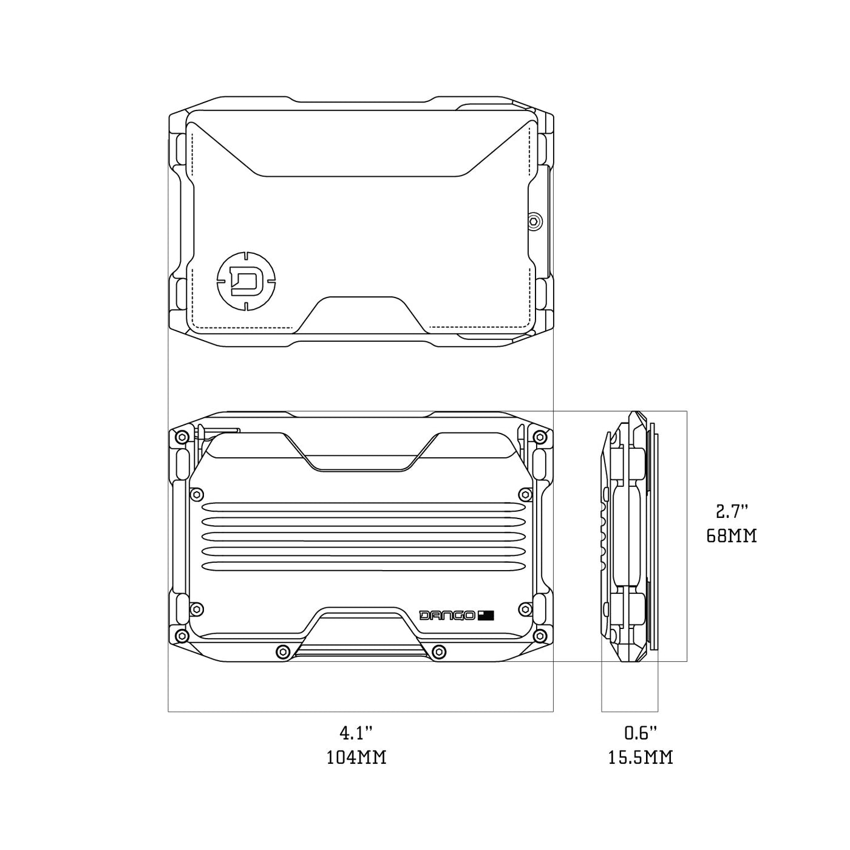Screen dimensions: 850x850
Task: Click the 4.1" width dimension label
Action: (x=355, y=733)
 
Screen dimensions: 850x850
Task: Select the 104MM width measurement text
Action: (x=356, y=758)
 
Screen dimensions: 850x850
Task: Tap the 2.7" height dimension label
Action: (x=731, y=512)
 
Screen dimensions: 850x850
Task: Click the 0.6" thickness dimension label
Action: (x=641, y=733)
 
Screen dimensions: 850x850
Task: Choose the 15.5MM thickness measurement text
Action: (x=641, y=758)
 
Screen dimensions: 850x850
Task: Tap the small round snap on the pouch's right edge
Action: (x=535, y=221)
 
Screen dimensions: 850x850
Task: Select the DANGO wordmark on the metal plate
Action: (x=447, y=616)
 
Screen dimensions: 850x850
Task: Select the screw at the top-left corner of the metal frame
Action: (x=181, y=437)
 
